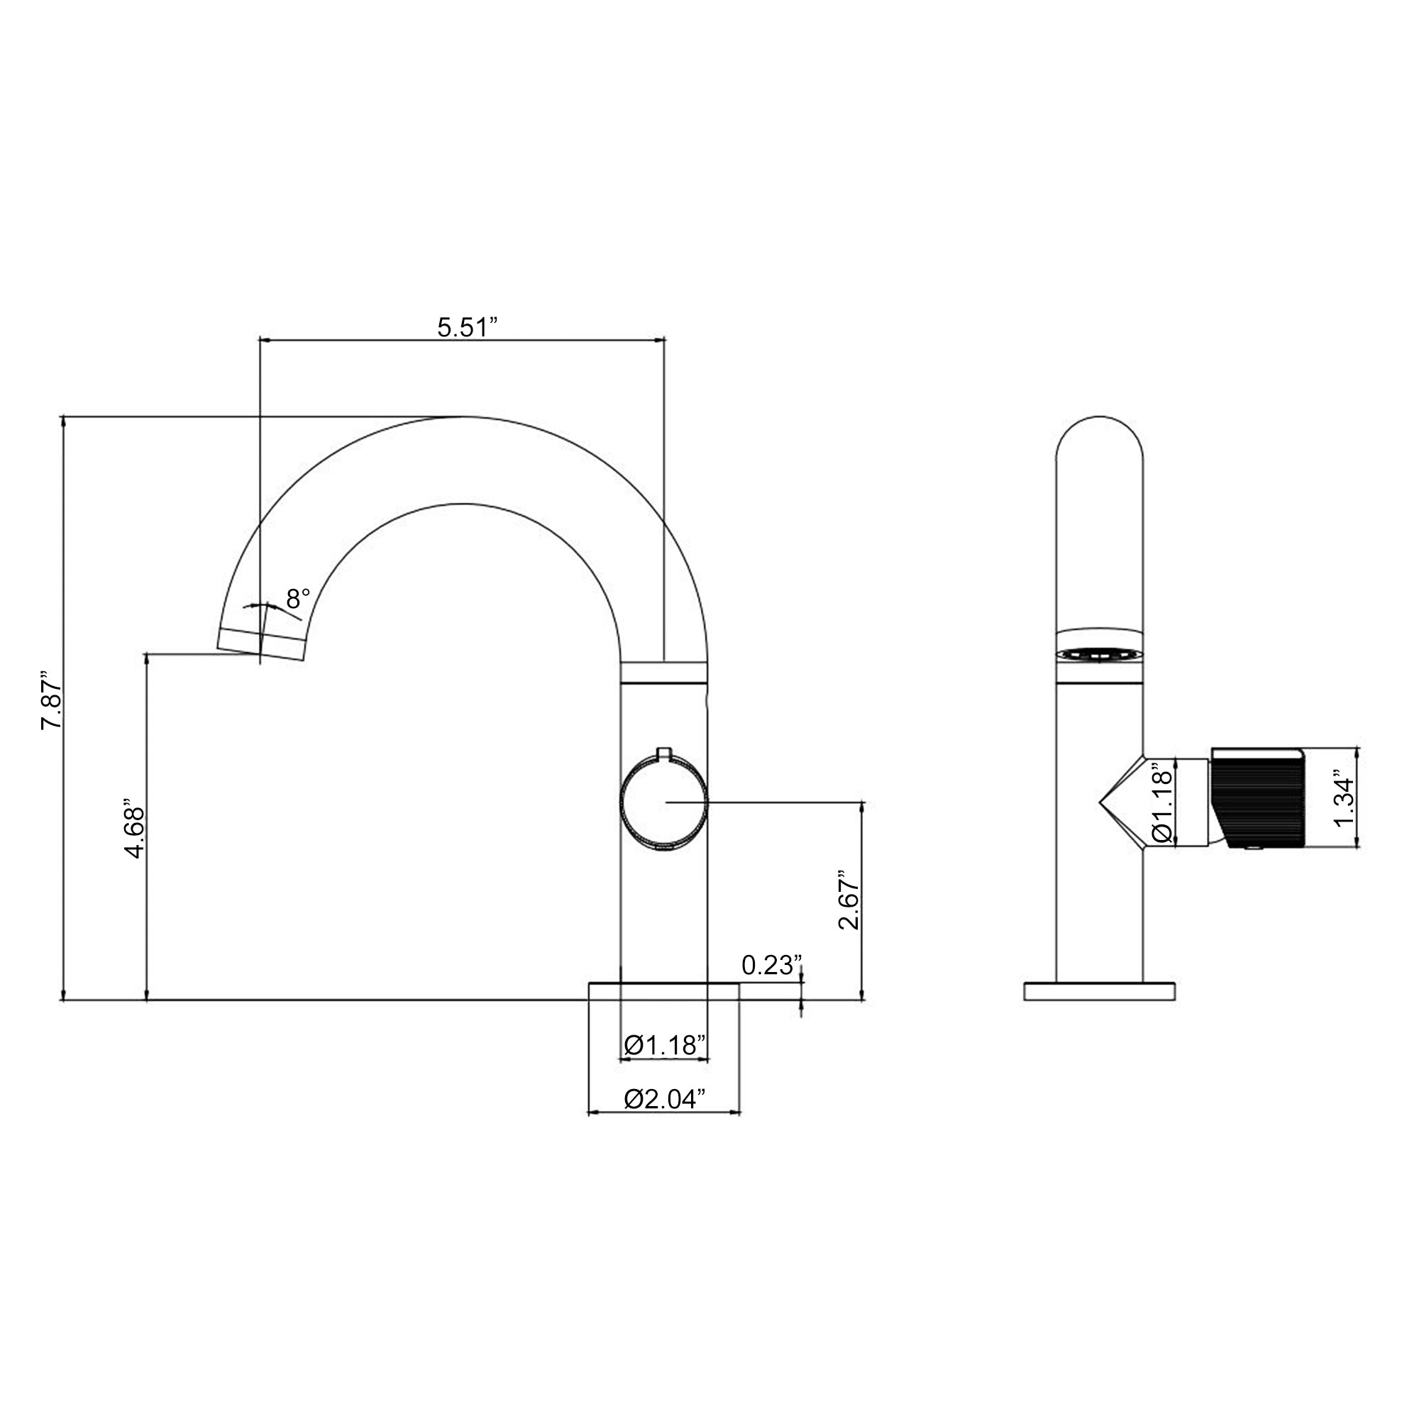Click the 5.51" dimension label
pyautogui.click(x=467, y=327)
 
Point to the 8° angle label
pyautogui.click(x=298, y=599)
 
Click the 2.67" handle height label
pyautogui.click(x=849, y=900)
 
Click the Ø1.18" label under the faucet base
pyautogui.click(x=665, y=1044)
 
